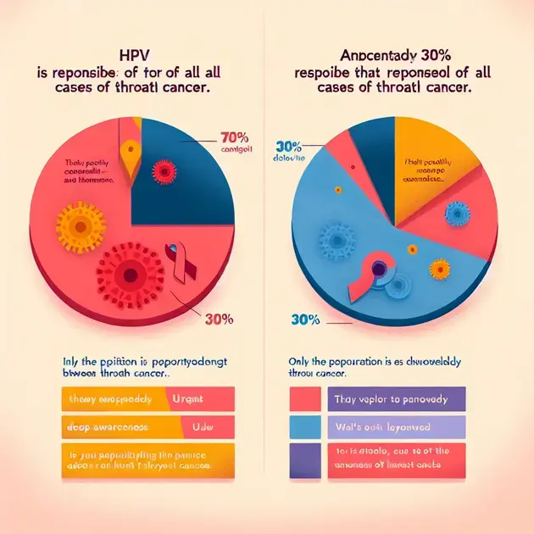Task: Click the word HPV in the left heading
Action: [130, 53]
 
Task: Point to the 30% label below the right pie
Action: [304, 319]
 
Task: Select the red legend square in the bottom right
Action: [304, 398]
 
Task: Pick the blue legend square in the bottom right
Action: [304, 427]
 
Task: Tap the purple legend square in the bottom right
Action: [304, 457]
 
